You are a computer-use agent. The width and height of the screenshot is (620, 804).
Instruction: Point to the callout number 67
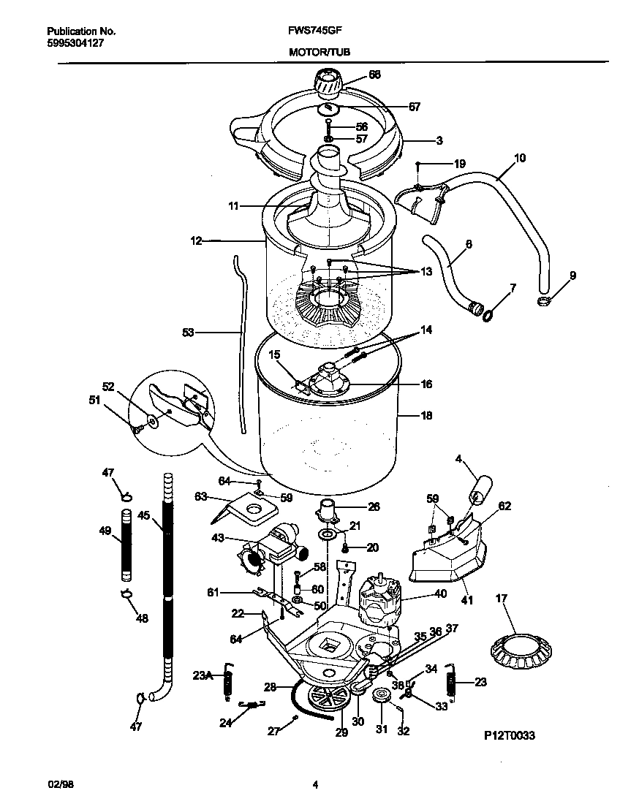[x=414, y=107]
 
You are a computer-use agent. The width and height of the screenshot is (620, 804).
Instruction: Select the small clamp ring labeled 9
[x=544, y=301]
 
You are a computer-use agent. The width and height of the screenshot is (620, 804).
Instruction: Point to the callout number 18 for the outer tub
[x=426, y=416]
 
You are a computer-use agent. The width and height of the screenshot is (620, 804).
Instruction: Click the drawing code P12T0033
[x=509, y=736]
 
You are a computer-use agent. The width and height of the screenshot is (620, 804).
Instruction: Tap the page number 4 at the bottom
[x=315, y=786]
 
